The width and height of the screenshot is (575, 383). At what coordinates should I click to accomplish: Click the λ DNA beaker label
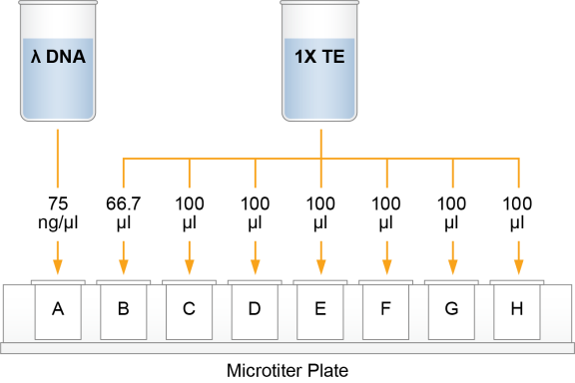point(57,58)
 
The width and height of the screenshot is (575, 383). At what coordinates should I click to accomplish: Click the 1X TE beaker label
point(319,58)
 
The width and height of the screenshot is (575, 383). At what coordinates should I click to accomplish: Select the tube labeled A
point(58,309)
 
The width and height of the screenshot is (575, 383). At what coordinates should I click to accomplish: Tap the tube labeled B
point(124,309)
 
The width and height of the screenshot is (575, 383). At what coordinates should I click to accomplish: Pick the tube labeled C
point(189,309)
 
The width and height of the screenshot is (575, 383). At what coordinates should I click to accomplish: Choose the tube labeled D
point(255,309)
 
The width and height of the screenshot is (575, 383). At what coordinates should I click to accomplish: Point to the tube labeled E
point(320,309)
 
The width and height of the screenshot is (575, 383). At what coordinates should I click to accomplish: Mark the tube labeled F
point(386,309)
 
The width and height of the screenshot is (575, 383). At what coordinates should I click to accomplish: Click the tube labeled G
point(452,309)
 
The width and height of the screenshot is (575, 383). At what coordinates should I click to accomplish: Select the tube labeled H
point(517,309)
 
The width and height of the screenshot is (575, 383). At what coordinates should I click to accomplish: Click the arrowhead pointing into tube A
point(58,266)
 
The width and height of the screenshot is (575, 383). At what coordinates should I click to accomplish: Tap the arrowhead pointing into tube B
point(124,266)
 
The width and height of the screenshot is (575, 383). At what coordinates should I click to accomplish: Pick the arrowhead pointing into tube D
point(255,266)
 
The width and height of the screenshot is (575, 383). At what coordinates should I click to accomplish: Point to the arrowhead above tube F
point(386,266)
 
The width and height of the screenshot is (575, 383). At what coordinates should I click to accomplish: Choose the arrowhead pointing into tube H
point(518,266)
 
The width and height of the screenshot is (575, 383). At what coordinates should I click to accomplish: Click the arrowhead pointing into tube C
point(189,266)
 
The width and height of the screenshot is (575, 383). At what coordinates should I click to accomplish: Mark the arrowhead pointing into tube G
point(452,266)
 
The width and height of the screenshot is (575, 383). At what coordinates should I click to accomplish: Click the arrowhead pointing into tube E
point(320,266)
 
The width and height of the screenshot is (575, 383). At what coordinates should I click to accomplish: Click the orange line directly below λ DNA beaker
point(58,160)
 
